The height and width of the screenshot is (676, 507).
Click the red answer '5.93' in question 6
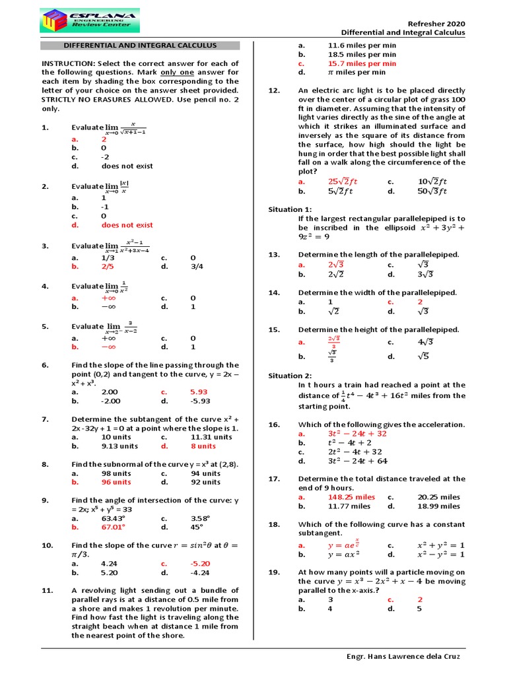click(199, 391)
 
